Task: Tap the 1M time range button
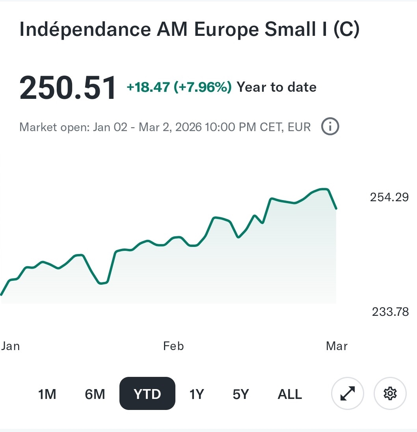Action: pos(47,394)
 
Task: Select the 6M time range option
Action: pos(95,394)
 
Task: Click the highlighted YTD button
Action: pos(147,394)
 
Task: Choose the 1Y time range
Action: pos(197,394)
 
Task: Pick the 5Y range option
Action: pos(241,394)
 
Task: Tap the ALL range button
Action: pos(290,394)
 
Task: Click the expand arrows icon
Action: pos(347,393)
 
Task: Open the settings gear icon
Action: pos(390,393)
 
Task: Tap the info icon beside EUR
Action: pos(330,127)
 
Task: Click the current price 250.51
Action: pos(68,87)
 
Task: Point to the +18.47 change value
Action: pos(148,87)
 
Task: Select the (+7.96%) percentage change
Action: pos(203,87)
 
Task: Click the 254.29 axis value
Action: pos(389,197)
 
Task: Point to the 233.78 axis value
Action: pos(390,312)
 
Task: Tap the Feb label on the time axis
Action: pos(173,346)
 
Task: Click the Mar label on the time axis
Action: pos(337,346)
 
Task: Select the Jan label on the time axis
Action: pos(11,346)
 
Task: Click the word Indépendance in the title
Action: pos(85,30)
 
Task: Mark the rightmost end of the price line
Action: pos(336,208)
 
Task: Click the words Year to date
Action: pos(276,87)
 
